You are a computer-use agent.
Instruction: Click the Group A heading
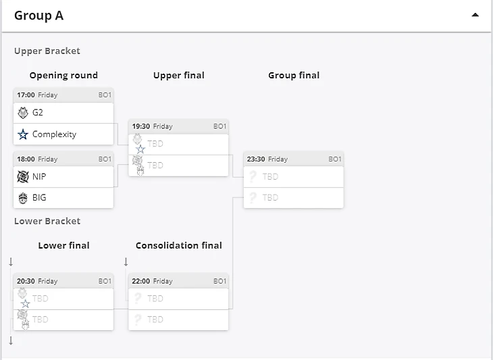[x=38, y=16]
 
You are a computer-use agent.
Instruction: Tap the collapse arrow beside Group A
[x=475, y=15]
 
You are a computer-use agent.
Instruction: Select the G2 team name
[x=38, y=113]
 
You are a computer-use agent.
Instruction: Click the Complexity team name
[x=54, y=134]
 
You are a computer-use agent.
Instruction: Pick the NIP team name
[x=39, y=177]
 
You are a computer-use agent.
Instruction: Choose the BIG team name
[x=39, y=198]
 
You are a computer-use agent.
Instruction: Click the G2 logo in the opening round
[x=23, y=113]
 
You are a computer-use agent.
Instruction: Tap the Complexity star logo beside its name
[x=23, y=134]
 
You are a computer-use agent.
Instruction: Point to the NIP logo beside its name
[x=23, y=177]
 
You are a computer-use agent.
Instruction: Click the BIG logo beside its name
[x=23, y=198]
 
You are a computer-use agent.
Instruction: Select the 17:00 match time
[x=26, y=95]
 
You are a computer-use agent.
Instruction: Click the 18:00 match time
[x=26, y=159]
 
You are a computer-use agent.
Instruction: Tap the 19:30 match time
[x=140, y=126]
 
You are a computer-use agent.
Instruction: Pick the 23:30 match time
[x=255, y=159]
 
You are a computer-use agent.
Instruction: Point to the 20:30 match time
[x=26, y=281]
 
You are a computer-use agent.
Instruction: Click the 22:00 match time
[x=140, y=281]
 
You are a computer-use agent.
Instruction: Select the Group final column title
[x=294, y=76]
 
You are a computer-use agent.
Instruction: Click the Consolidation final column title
[x=178, y=246]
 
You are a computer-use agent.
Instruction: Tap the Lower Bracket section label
[x=47, y=222]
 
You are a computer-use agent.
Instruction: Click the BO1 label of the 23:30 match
[x=335, y=159]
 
